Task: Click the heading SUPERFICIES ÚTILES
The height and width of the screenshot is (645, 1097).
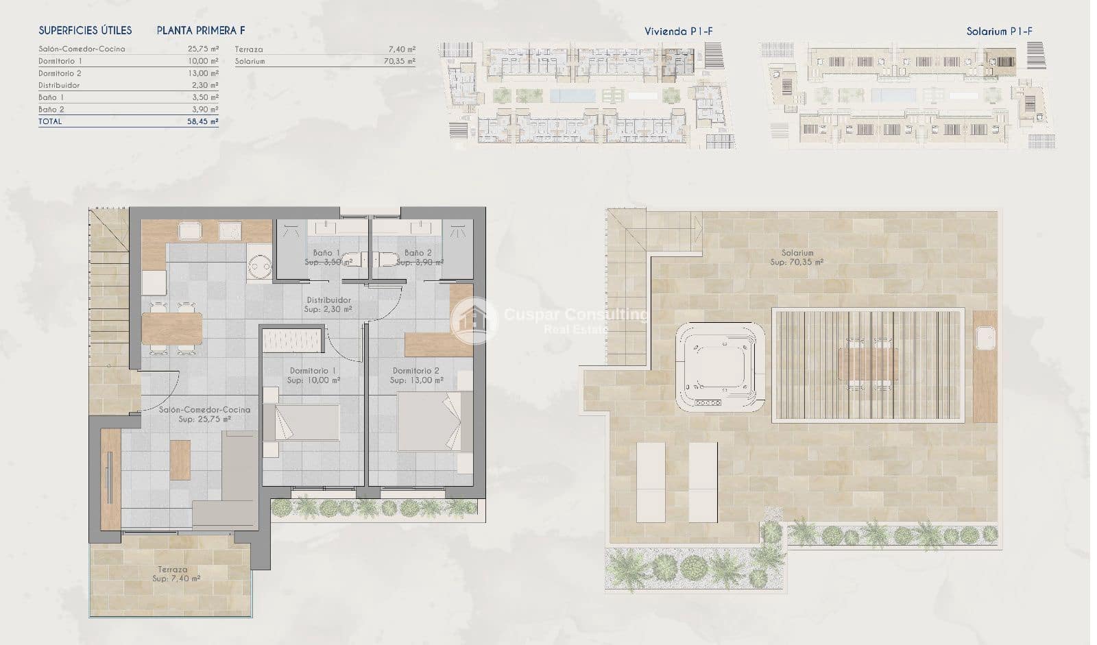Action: click(x=85, y=30)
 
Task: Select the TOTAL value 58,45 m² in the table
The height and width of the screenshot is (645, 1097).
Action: click(x=204, y=121)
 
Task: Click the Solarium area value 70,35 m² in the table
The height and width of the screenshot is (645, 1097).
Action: click(x=400, y=61)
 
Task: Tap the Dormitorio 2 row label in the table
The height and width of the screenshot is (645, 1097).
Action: click(x=60, y=73)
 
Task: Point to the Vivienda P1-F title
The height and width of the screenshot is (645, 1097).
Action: click(x=679, y=31)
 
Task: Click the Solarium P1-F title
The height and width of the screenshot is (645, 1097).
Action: click(x=999, y=31)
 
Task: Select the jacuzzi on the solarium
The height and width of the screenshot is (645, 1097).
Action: click(x=720, y=367)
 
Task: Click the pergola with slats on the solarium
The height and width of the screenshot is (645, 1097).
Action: click(x=869, y=364)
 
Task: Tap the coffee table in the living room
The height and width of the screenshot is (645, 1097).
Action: click(x=180, y=459)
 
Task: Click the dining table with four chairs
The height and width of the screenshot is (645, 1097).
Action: click(x=171, y=328)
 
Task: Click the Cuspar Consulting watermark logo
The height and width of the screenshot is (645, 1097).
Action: click(x=473, y=319)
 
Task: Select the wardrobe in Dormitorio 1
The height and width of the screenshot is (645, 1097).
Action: click(x=292, y=341)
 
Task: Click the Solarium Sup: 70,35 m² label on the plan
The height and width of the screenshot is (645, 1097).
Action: click(x=797, y=258)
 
